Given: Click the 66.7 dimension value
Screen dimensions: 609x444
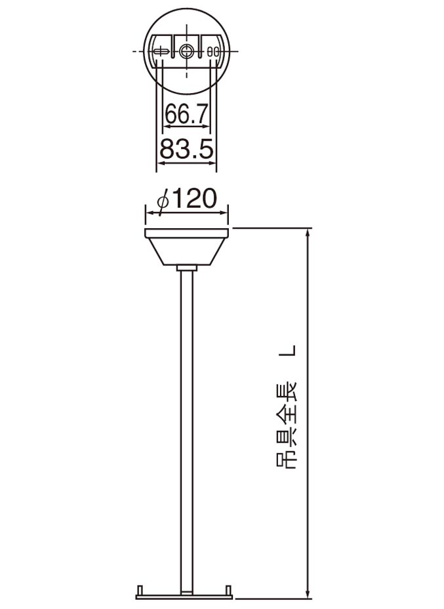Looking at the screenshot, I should (186, 114).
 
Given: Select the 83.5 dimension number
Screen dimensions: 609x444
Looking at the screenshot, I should (187, 150).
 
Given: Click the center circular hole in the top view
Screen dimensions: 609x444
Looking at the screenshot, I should (188, 51).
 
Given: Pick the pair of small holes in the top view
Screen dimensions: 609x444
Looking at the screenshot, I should (212, 51).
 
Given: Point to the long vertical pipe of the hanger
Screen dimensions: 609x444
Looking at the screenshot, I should (187, 426).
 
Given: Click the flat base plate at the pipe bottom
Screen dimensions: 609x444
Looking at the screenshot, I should (186, 596).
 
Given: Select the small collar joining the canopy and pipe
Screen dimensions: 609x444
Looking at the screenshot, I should (187, 268).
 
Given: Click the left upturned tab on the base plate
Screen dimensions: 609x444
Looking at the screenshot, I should (139, 589).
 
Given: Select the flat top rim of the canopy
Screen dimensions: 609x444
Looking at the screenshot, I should (187, 233).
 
